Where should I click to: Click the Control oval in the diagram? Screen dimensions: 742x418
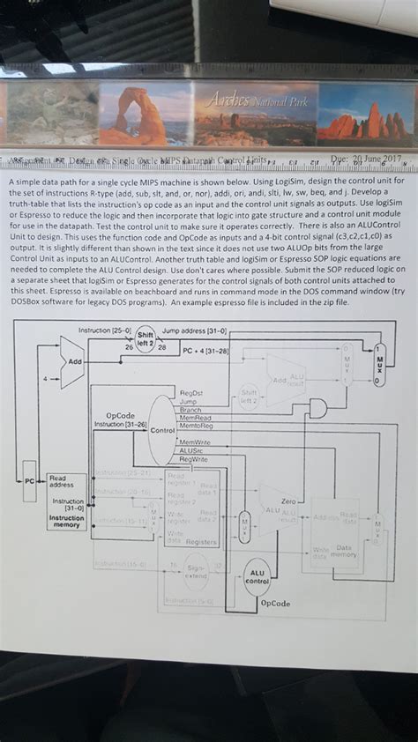click(x=162, y=430)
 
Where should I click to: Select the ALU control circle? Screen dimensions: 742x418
click(x=256, y=576)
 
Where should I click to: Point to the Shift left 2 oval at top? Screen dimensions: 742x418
click(x=146, y=339)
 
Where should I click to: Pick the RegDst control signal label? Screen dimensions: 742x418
click(x=190, y=392)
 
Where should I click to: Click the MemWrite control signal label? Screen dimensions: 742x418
click(x=195, y=441)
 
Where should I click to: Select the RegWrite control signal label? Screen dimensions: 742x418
click(x=193, y=459)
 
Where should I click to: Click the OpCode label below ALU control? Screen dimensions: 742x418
click(x=275, y=604)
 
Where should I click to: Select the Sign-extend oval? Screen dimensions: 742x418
click(x=196, y=574)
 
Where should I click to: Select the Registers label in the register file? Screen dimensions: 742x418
click(x=201, y=541)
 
